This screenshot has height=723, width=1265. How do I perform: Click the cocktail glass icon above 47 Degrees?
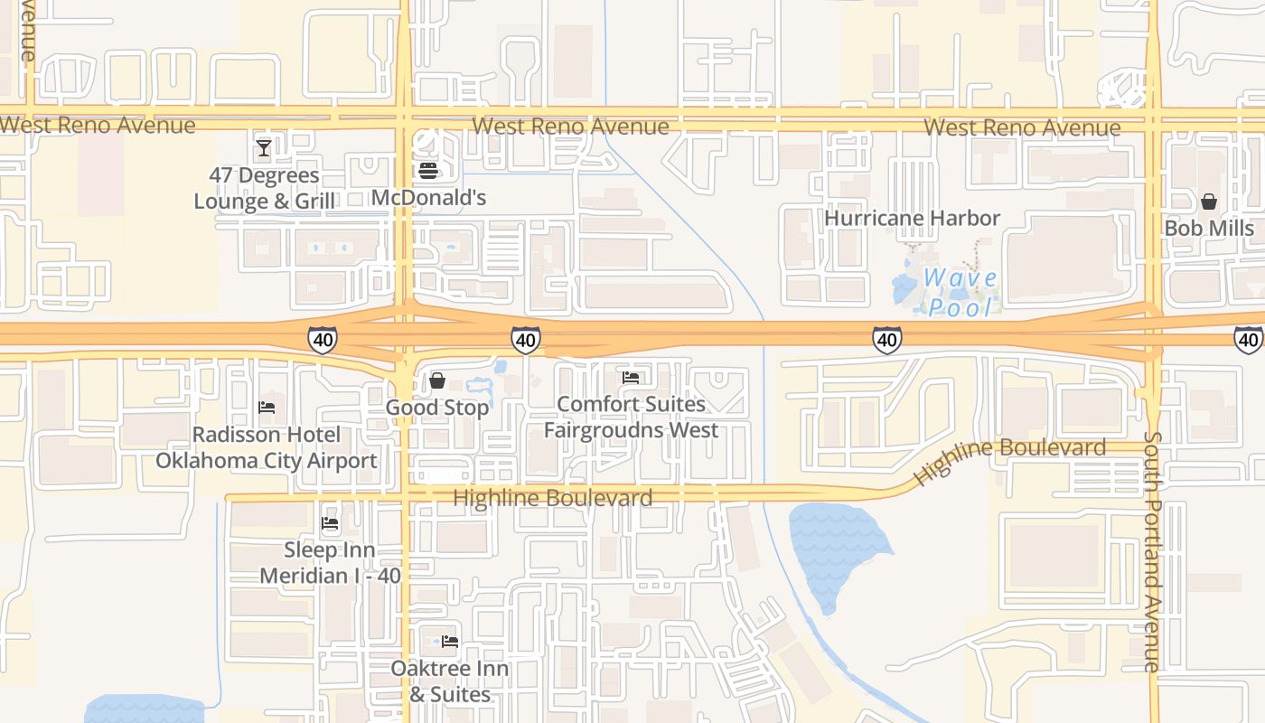(264, 147)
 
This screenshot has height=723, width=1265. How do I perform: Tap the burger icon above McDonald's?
(428, 170)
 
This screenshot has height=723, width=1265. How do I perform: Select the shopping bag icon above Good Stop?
(437, 380)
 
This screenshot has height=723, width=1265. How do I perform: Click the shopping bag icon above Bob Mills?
(1209, 201)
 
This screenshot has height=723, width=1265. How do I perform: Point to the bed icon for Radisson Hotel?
(267, 408)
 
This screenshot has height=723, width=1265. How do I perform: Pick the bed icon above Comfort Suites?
(631, 378)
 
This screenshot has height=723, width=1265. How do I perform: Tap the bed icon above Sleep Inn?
(330, 523)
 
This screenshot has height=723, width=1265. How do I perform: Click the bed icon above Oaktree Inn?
(450, 642)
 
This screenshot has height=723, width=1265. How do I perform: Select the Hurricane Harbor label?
(913, 218)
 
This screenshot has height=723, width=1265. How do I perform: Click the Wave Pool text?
(960, 292)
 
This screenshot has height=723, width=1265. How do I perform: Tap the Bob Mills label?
(1209, 228)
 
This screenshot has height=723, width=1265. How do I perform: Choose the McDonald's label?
(429, 197)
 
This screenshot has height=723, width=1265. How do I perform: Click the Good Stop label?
(437, 408)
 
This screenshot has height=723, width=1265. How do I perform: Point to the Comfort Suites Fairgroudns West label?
(631, 417)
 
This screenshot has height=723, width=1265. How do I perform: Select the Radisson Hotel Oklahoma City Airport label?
(267, 447)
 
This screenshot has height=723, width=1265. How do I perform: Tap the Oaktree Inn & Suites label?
(450, 681)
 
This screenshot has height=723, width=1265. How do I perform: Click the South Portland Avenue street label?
(1151, 551)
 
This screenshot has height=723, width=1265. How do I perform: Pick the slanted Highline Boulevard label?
(1009, 459)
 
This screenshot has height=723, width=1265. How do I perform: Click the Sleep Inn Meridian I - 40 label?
(330, 562)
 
